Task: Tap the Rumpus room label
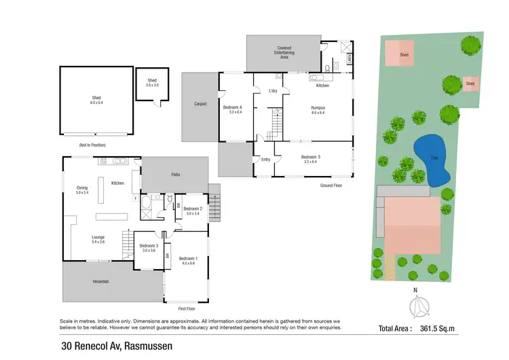[319, 107]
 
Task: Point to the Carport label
[200, 104]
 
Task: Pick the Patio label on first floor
[174, 174]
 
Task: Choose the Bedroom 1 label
[188, 259]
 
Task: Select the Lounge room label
[98, 238]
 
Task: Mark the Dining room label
[82, 189]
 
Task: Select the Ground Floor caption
[332, 185]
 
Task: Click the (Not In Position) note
[94, 145]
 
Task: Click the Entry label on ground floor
[265, 160]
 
